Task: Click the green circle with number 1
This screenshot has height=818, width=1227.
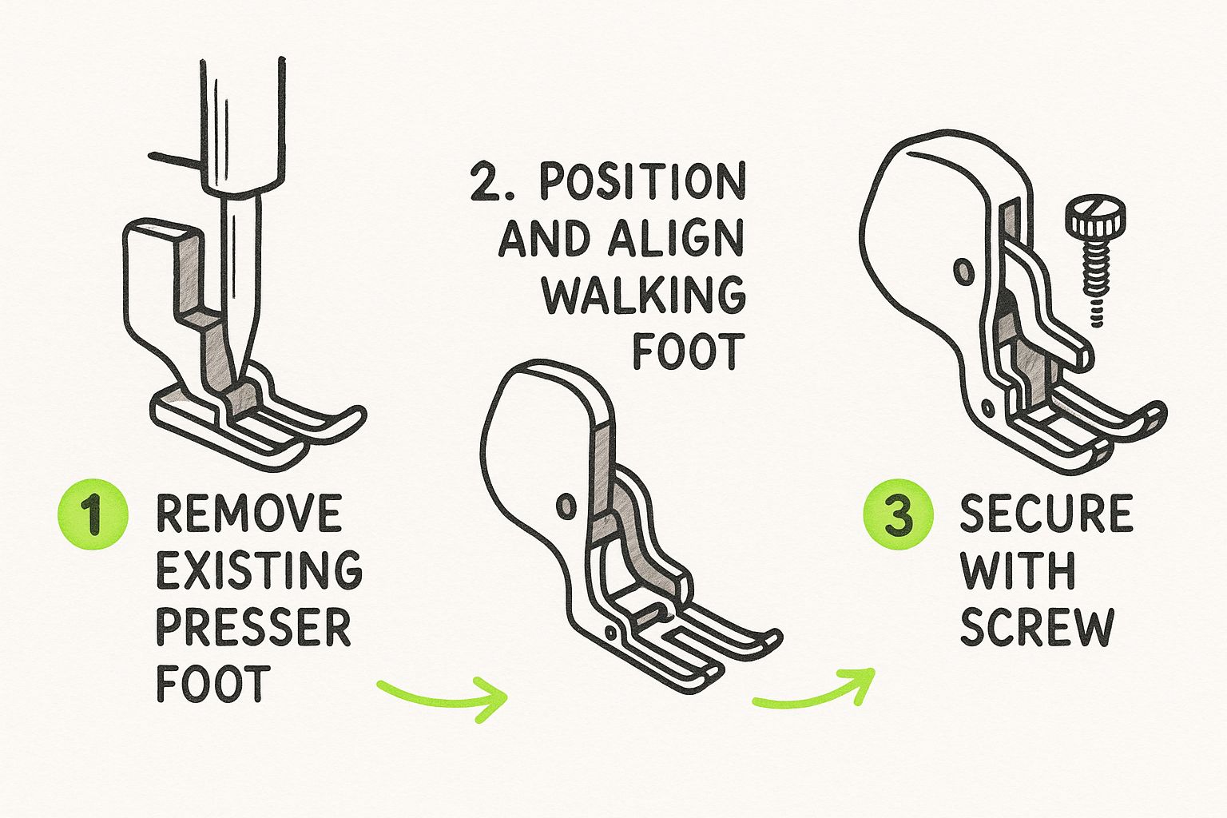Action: coord(93,515)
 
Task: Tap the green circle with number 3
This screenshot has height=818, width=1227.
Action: coord(898,515)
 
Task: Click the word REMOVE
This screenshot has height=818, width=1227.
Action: coord(248,514)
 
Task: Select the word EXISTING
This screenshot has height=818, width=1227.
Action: coord(259,570)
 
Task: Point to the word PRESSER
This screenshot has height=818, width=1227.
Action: coord(253,627)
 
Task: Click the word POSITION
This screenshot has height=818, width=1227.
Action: coord(642,183)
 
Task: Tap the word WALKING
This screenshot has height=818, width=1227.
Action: coord(644,296)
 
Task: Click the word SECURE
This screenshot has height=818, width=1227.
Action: coord(1046,514)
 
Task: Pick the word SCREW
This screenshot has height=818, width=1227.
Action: coord(1036,627)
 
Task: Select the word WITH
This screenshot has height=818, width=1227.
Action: coord(1017,570)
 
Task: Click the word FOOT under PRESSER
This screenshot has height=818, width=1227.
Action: coord(210,684)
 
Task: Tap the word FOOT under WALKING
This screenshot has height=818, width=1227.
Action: coord(689,351)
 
